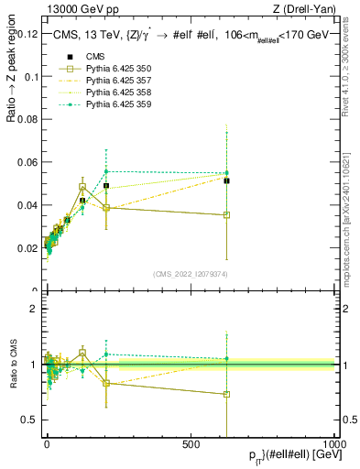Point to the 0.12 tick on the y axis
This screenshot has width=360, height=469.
[x=28, y=34]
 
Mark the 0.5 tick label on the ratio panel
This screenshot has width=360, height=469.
[x=31, y=420]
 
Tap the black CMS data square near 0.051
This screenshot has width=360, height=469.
[x=226, y=180]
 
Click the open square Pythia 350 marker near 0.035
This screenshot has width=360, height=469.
[x=226, y=215]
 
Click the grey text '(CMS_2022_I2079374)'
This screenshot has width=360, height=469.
[x=190, y=274]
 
